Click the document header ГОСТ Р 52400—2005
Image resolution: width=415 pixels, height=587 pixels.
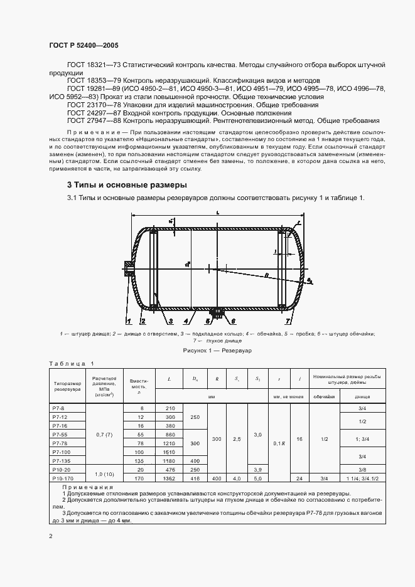[84, 46]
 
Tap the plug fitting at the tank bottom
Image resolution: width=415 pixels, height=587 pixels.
[218, 312]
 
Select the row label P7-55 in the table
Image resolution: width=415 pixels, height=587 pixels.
[60, 434]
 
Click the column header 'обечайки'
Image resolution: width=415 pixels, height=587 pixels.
[323, 397]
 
